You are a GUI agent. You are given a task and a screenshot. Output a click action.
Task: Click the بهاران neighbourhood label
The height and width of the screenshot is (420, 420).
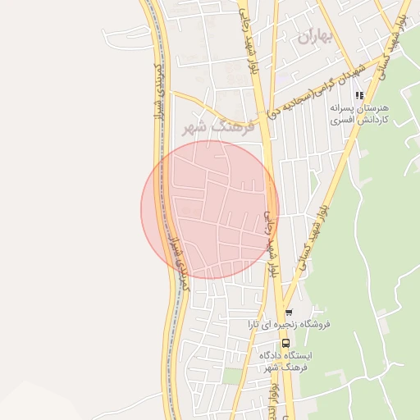[x=317, y=36]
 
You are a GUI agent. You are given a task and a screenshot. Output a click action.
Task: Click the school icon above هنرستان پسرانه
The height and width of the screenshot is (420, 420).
[x=358, y=95]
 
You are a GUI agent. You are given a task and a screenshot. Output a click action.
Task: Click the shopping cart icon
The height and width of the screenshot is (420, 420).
[x=288, y=313]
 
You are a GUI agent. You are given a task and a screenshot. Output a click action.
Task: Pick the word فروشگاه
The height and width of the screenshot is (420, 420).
[x=312, y=324]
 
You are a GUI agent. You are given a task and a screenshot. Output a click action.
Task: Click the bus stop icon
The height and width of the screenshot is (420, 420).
[x=285, y=344]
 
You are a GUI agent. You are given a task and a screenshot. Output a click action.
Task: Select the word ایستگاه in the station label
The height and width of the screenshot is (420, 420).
[x=297, y=356]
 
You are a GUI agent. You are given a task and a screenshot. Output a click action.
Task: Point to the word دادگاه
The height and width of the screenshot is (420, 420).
[x=272, y=356]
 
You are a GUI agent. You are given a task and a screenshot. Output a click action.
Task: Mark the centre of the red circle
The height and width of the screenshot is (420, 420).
[x=210, y=210]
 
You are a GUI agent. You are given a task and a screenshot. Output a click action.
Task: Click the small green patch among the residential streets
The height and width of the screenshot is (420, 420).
[x=234, y=376]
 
